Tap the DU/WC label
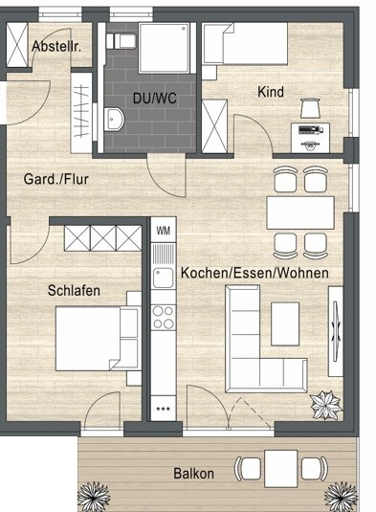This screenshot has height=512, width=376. point(153,98)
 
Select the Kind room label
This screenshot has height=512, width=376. point(271,92)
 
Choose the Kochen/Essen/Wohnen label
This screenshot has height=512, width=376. point(254,273)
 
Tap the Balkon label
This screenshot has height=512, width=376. point(193,473)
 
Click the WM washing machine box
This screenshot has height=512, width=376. point(163,231)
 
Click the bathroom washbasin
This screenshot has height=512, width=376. point(116,120)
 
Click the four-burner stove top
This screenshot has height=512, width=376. point(163,317)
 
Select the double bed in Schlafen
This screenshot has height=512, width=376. point(96,338)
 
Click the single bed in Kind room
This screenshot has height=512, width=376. point(244,45)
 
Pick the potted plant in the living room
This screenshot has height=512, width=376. point(326,404)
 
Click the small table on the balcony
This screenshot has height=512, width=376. point(279,468)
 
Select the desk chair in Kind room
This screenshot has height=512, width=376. point(310,107)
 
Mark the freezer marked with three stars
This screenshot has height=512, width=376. point(163,409)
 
